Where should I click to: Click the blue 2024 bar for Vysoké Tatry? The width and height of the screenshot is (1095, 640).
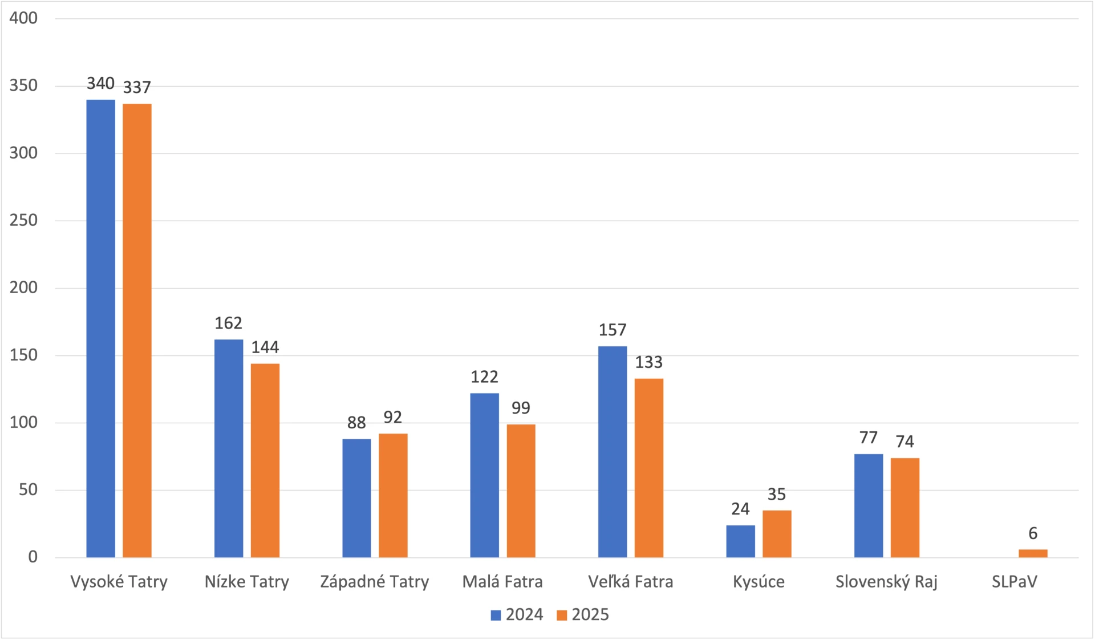pos(100,328)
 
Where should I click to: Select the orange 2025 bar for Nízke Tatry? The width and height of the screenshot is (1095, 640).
pos(265,460)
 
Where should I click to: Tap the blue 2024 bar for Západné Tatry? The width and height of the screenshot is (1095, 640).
pos(356,498)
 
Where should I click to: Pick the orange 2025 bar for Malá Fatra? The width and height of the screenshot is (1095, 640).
pos(521,491)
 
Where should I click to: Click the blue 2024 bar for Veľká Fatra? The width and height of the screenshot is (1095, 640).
pos(613,452)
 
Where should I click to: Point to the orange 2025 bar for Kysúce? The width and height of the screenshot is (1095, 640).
pos(777,534)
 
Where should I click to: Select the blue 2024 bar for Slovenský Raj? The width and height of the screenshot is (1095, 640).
pos(869,505)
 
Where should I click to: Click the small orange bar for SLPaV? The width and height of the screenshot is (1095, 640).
pos(1033,553)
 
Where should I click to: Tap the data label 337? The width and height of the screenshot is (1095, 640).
pos(137,87)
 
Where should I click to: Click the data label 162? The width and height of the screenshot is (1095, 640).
pos(228,323)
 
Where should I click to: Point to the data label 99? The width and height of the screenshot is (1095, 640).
pos(521,408)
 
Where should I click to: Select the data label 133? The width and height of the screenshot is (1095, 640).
pos(649,362)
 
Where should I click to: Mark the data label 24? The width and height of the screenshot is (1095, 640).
pos(740,509)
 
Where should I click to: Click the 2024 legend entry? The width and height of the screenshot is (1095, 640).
pos(517,614)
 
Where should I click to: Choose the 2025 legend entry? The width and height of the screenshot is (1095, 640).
pos(583,614)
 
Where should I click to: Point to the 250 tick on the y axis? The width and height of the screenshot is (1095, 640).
pos(23,220)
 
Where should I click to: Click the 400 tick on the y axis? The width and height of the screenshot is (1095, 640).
pos(23,18)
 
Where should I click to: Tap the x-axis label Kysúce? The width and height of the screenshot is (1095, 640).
pos(759,582)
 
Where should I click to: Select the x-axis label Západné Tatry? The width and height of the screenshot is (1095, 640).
pos(374,582)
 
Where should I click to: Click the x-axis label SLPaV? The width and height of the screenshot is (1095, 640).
pos(1014,582)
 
